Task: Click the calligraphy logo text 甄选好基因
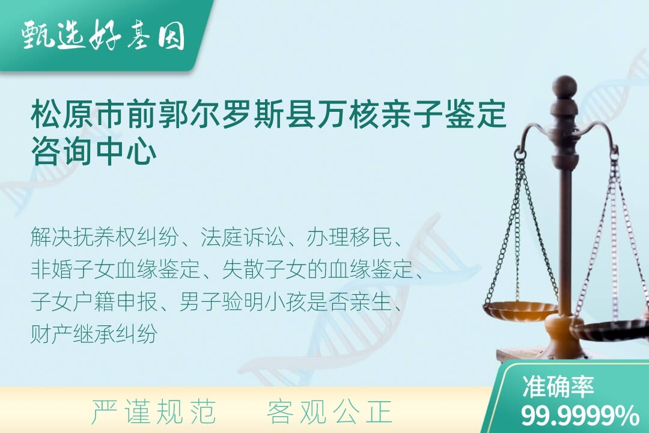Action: coord(103,35)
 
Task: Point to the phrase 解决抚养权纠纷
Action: coord(105,237)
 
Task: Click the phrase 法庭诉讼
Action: coord(243,237)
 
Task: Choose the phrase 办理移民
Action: coord(349,237)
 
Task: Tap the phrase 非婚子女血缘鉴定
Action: coord(115,269)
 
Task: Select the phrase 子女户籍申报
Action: coord(94,302)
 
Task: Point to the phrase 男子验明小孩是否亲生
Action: coord(285,302)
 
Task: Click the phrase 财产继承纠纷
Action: coord(94,334)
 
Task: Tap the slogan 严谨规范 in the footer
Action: coord(154,411)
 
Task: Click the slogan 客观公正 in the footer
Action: coord(329,411)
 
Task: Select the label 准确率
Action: coord(558,387)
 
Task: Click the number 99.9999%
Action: coord(579,416)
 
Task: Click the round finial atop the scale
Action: coord(564,86)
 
